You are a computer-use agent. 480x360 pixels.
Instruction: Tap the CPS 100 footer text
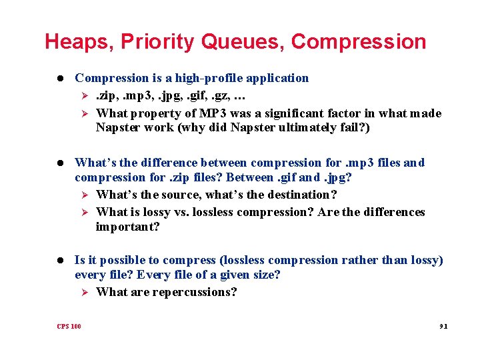[x=69, y=326]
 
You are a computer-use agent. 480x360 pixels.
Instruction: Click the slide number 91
[x=442, y=326]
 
